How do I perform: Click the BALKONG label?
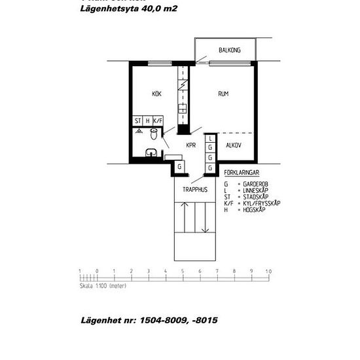coord(229,50)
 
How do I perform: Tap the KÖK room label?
coord(156,94)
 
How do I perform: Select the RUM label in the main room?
coord(223,94)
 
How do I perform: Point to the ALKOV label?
coord(234,145)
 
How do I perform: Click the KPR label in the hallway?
coord(191,145)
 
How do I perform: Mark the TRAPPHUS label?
coord(194,190)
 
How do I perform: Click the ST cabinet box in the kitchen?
coord(138,121)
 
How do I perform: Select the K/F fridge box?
coord(158,121)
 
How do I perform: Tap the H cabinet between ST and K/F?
coord(148,121)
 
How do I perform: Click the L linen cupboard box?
coord(210,139)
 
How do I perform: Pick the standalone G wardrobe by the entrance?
coord(179,168)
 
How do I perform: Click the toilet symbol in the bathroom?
coord(153,136)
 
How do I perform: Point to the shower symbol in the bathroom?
coord(139,131)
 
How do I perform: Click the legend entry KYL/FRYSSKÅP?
coord(262,204)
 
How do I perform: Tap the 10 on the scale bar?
coord(268,271)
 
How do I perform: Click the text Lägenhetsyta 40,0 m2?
coord(128,9)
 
